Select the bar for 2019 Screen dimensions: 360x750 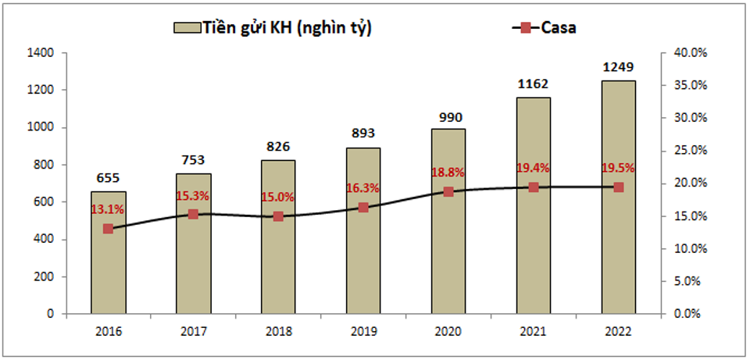click(x=363, y=258)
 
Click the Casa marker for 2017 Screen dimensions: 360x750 click(x=193, y=214)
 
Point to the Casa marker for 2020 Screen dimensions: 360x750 click(x=448, y=191)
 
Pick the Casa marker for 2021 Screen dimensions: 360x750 click(x=534, y=187)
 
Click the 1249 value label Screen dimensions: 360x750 click(x=618, y=67)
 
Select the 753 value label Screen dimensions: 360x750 click(x=193, y=160)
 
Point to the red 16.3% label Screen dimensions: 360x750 click(x=363, y=188)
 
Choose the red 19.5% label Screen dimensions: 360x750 click(x=618, y=167)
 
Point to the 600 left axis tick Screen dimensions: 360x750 click(x=44, y=202)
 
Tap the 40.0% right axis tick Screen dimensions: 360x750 click(x=690, y=53)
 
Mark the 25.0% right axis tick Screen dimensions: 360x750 click(x=690, y=151)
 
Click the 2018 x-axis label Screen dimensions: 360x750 click(x=278, y=331)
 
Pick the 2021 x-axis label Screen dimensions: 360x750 click(x=534, y=331)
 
